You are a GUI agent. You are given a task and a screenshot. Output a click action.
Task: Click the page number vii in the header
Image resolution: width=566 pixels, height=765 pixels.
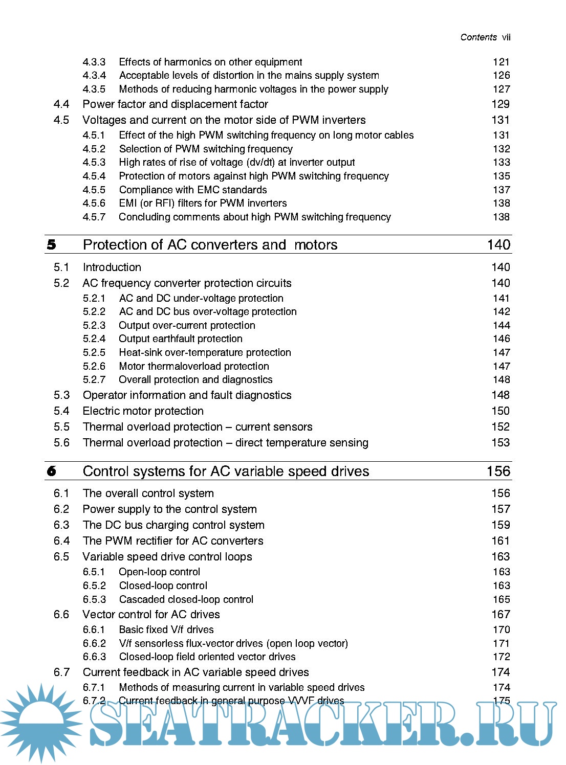506,37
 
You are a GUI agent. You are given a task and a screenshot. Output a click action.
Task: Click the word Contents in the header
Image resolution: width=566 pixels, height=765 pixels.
478,37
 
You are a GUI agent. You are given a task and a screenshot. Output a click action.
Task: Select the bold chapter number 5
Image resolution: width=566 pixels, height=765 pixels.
52,245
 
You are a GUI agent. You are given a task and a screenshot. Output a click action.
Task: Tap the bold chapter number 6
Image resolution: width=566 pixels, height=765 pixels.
52,471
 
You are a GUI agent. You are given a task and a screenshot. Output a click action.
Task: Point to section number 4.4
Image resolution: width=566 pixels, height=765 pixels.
61,104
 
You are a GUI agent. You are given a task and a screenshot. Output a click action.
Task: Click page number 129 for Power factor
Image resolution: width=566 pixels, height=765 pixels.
500,104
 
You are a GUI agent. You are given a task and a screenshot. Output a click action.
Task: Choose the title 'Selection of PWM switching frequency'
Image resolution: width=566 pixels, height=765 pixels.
206,149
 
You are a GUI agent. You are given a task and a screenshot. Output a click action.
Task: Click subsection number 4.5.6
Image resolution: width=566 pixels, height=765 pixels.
94,204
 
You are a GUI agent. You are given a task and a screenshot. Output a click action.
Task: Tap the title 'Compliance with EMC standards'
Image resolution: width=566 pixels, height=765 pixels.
193,190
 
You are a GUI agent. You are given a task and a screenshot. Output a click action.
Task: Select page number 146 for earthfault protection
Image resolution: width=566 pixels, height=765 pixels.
502,339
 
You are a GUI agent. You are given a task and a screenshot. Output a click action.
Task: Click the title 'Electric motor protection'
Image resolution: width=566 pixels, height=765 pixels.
143,411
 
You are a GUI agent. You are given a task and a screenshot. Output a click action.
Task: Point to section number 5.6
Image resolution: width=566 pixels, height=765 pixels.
61,443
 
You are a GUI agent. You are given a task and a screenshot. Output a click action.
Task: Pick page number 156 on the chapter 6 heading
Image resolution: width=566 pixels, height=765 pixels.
498,471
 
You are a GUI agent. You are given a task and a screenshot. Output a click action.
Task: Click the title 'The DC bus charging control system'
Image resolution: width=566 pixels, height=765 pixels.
173,525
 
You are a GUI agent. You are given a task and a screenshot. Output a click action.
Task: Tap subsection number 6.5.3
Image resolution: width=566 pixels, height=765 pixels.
94,599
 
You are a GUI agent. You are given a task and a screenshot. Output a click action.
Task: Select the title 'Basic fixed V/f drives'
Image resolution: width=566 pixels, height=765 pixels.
166,629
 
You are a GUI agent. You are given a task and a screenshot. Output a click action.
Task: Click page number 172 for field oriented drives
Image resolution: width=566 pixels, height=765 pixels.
502,657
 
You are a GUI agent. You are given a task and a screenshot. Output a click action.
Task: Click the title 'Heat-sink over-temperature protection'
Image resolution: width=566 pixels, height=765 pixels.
205,353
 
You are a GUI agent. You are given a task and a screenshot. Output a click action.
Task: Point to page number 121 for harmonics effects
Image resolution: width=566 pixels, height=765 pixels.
502,62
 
